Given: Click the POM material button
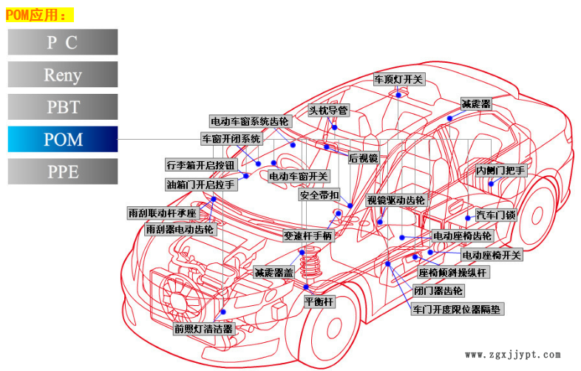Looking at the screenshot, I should click(63, 139).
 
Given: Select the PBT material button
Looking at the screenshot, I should click(63, 106).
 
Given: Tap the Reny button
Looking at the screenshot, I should click(63, 75).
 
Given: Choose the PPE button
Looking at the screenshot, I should click(63, 171).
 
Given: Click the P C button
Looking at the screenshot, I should click(63, 42).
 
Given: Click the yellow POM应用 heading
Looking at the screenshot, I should click(40, 15).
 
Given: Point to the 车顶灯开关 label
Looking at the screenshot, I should click(398, 79).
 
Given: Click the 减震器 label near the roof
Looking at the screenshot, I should click(475, 103).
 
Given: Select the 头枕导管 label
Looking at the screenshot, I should click(327, 110).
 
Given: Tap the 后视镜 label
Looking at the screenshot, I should click(363, 157).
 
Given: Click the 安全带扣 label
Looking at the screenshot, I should click(319, 196).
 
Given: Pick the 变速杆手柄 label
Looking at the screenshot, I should click(308, 236).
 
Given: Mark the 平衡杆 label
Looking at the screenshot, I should click(319, 302).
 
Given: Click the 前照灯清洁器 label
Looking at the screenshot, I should click(203, 329).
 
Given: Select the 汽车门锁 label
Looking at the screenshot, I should click(495, 215).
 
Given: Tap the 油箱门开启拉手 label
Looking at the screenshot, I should click(201, 184).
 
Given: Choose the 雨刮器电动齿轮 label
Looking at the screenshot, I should click(180, 230).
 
